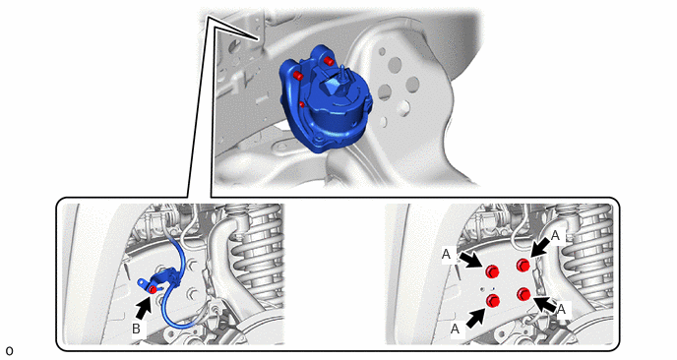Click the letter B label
click(136, 329)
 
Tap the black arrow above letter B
click(144, 310)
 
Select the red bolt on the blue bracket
click(153, 289)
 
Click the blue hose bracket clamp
click(158, 280)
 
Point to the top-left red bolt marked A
click(492, 271)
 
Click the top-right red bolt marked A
click(523, 265)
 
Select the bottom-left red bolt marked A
click(493, 301)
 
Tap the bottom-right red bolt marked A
click(523, 294)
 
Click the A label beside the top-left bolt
click(446, 255)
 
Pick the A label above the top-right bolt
click(556, 235)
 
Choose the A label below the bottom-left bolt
click(455, 330)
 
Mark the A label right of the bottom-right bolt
click(561, 309)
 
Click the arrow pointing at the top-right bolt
click(539, 248)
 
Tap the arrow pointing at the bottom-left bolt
click(475, 317)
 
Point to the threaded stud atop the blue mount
click(343, 72)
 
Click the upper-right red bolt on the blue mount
click(329, 61)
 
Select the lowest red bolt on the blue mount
click(302, 104)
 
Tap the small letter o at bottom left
click(9, 351)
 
